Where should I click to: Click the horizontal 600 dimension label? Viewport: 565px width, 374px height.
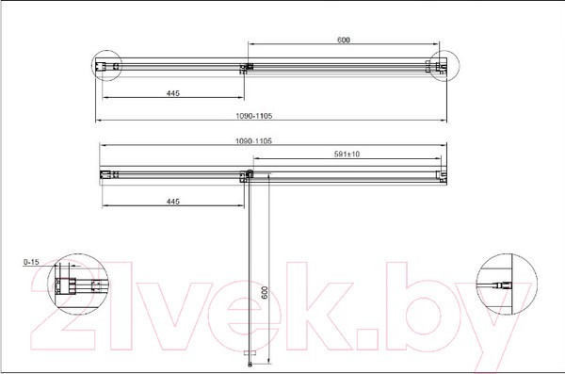pyautogui.click(x=344, y=40)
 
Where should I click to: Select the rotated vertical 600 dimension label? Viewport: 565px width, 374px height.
pyautogui.click(x=265, y=292)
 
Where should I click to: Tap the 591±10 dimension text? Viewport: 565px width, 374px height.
pyautogui.click(x=347, y=154)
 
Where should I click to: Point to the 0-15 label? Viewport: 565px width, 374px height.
pyautogui.click(x=31, y=262)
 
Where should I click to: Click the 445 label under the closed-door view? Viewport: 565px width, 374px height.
pyautogui.click(x=173, y=93)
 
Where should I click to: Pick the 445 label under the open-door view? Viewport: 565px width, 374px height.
pyautogui.click(x=173, y=202)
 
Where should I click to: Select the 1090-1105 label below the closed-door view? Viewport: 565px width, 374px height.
pyautogui.click(x=254, y=116)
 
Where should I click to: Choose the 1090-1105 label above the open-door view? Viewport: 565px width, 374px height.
pyautogui.click(x=253, y=141)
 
